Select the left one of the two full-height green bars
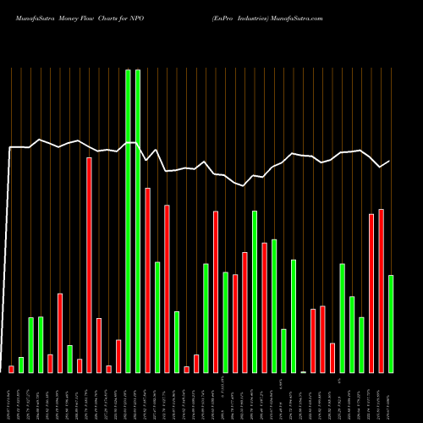pyautogui.click(x=128, y=221)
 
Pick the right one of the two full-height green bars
pyautogui.click(x=138, y=221)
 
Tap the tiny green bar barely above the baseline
pyautogui.click(x=303, y=371)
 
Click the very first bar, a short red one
pyautogui.click(x=11, y=369)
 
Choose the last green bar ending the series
pyautogui.click(x=391, y=323)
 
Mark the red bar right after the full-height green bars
pyautogui.click(x=147, y=280)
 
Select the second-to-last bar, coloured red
pyautogui.click(x=381, y=290)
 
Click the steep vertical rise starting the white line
pyautogui.click(x=8, y=254)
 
